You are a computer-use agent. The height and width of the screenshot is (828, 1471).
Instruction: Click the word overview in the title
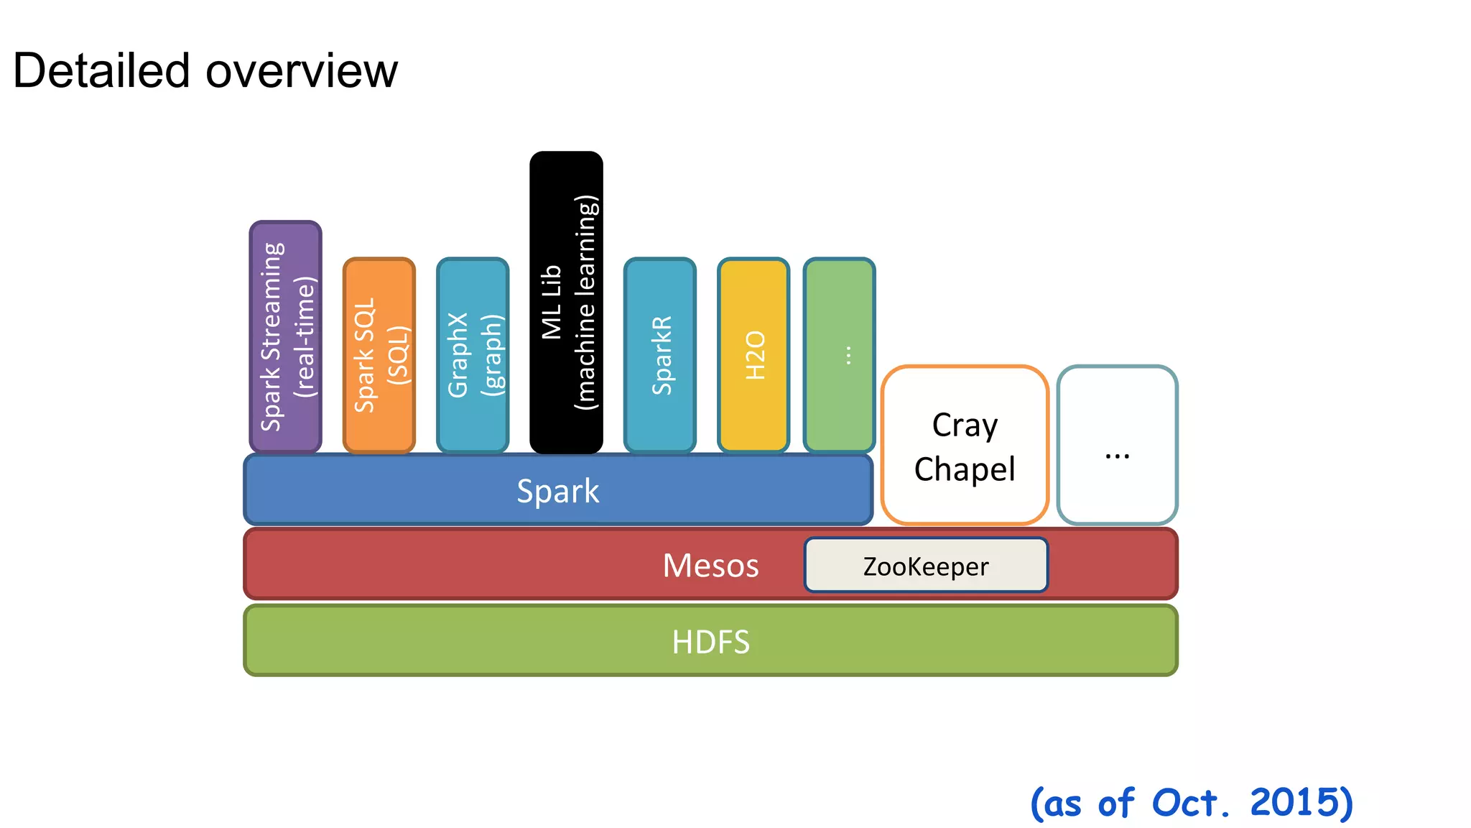tap(301, 71)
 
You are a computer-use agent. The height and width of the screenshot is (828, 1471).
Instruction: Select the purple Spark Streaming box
tap(285, 336)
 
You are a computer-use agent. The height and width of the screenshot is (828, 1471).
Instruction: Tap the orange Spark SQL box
tap(379, 355)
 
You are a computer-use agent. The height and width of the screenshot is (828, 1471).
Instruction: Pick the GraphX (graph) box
tap(473, 355)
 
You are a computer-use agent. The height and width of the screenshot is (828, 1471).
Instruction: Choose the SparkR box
tap(660, 355)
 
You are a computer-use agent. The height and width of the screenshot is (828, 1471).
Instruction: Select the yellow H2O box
tap(753, 355)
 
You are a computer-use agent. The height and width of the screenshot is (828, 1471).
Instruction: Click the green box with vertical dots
tap(839, 355)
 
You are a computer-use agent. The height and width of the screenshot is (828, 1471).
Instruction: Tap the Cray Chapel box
tap(965, 446)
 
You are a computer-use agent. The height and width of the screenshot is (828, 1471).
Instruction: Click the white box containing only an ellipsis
tap(1117, 446)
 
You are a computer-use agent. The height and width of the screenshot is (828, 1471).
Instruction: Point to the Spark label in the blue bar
tap(558, 492)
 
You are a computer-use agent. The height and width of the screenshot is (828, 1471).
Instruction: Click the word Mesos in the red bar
tap(710, 566)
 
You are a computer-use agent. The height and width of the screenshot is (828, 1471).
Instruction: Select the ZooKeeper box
tap(926, 566)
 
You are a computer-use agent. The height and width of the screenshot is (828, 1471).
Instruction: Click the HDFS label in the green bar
tap(710, 642)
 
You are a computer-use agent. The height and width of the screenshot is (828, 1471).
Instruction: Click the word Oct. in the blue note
tap(1191, 802)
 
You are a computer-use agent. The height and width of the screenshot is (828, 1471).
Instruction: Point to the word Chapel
tap(965, 469)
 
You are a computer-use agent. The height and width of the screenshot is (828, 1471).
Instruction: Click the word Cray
tap(965, 425)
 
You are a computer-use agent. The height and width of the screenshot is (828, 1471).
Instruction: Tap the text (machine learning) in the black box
tap(586, 302)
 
